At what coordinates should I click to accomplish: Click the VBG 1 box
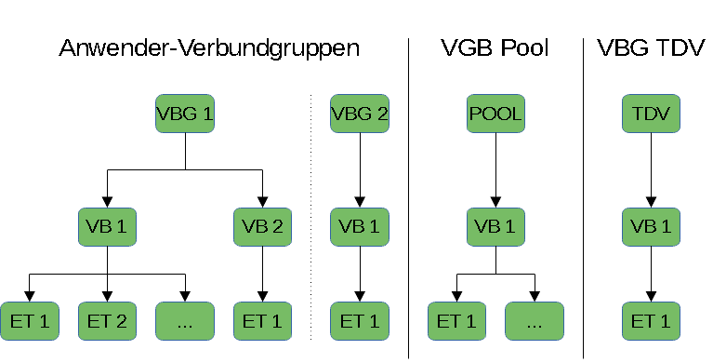[185, 115]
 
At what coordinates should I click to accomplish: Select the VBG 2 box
[359, 115]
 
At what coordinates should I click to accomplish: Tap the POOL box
[495, 115]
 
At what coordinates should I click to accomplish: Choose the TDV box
[651, 115]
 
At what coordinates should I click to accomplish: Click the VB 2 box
[262, 227]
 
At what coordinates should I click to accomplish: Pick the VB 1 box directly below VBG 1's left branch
[107, 227]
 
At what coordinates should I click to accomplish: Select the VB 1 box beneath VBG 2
[359, 227]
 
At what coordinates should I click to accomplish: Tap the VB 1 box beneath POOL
[495, 227]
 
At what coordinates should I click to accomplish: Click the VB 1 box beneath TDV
[651, 227]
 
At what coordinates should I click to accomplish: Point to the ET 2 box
[107, 321]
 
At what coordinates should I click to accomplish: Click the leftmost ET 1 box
[29, 321]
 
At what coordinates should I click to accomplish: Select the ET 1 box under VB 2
[262, 321]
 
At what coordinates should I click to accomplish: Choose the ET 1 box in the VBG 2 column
[359, 321]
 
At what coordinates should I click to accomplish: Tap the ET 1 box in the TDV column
[651, 321]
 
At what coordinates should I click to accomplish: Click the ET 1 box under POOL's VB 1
[456, 321]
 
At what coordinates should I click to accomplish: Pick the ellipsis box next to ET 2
[185, 321]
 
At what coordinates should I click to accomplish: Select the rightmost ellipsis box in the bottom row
[534, 321]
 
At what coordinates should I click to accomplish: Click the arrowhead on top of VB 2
[262, 202]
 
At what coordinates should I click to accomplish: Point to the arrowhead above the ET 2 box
[107, 296]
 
